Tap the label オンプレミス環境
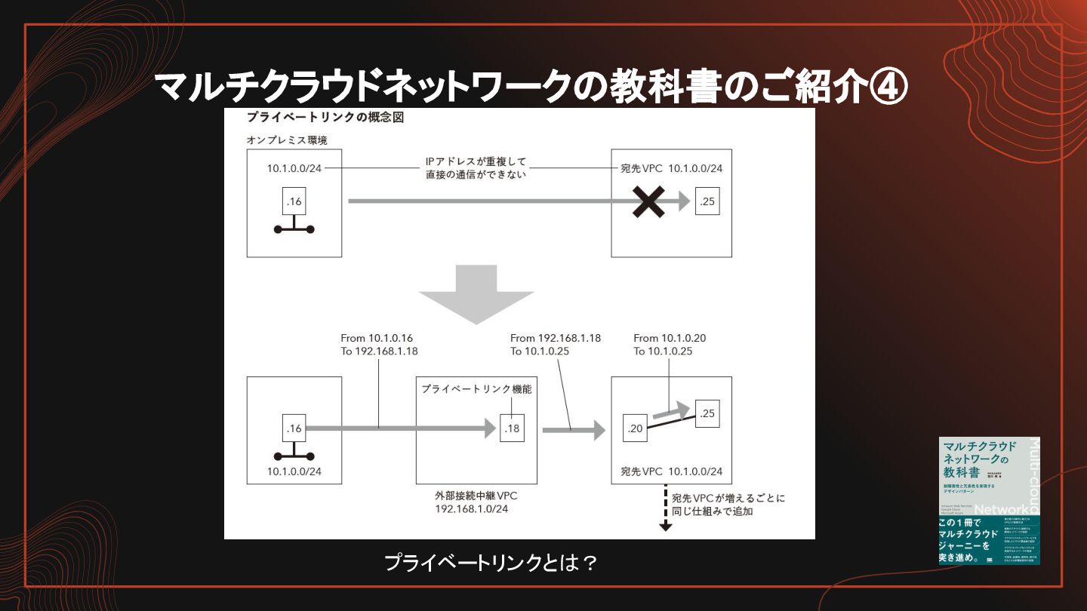tap(287, 140)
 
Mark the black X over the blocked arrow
tap(648, 201)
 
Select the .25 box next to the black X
tap(707, 201)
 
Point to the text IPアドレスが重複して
tap(476, 161)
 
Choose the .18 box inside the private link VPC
tap(513, 428)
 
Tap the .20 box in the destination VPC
tap(635, 428)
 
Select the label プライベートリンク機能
tap(476, 389)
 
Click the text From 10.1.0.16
tap(377, 339)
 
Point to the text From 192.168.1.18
tap(556, 339)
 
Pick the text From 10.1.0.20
tap(670, 339)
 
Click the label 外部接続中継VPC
tap(476, 496)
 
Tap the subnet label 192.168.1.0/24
tap(471, 509)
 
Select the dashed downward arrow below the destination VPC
tap(666, 509)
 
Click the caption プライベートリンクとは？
tap(491, 563)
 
